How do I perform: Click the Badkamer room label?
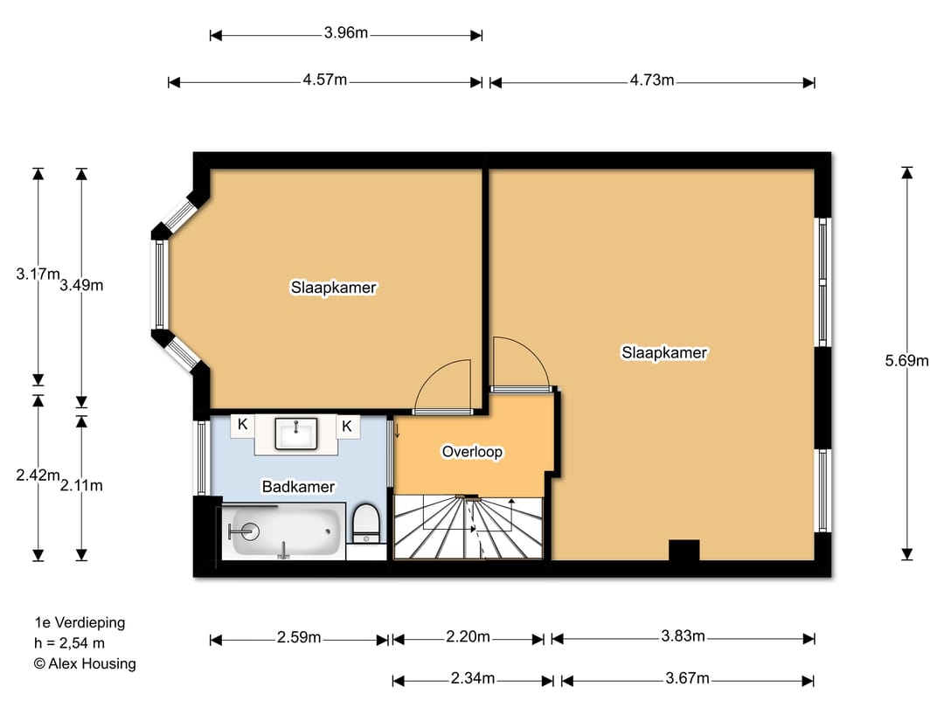(298, 487)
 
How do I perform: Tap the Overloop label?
(472, 452)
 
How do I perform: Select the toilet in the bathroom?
(365, 523)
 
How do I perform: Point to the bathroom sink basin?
(296, 434)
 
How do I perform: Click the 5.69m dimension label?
(906, 361)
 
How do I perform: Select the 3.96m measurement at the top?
(346, 32)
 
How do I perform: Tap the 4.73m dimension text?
(652, 80)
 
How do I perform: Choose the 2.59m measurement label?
(299, 637)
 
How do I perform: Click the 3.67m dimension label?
(688, 678)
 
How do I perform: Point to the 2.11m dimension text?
(81, 485)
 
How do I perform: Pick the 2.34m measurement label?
(473, 678)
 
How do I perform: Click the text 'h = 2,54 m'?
(70, 643)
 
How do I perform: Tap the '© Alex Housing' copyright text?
(85, 663)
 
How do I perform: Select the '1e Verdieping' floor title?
(80, 622)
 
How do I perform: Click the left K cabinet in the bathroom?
(243, 425)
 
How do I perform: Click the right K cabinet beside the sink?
(347, 427)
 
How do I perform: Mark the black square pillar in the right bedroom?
(684, 551)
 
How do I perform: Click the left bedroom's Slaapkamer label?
(334, 288)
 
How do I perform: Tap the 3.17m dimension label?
(38, 274)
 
